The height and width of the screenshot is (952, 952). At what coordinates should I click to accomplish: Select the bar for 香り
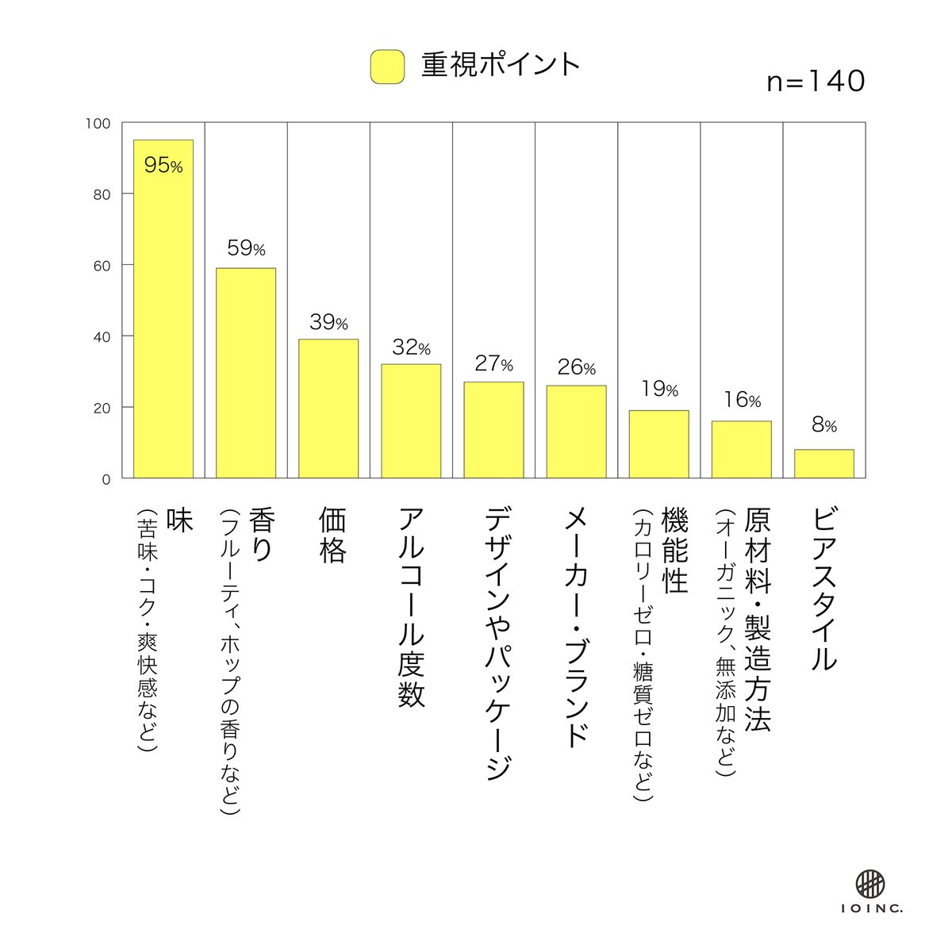click(246, 373)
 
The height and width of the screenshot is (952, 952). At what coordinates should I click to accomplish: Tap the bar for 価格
click(328, 409)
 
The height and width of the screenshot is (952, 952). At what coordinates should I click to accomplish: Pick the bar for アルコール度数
click(411, 421)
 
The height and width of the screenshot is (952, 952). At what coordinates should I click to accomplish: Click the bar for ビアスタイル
click(823, 464)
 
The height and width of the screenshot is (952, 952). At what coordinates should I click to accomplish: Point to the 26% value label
click(576, 367)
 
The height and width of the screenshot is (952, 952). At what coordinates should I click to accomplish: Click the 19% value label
click(658, 390)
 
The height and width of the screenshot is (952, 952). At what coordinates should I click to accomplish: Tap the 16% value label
click(741, 401)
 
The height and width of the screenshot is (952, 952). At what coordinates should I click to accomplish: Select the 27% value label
click(493, 363)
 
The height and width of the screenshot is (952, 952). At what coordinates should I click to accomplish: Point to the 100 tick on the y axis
click(100, 124)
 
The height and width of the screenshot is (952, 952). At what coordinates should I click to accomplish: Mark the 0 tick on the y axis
click(106, 478)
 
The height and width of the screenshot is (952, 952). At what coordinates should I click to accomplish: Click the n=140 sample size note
click(816, 82)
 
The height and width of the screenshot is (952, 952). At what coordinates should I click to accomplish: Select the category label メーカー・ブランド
click(577, 627)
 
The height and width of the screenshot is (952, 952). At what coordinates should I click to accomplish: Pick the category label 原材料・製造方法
click(757, 620)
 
